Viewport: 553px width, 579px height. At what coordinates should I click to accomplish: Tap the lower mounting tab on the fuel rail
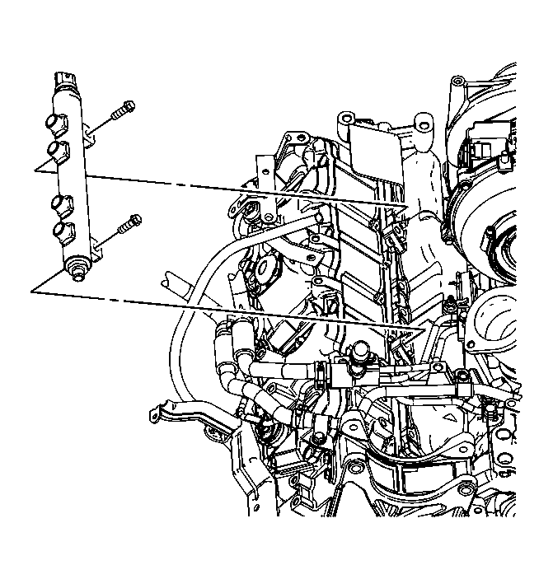[x=96, y=246]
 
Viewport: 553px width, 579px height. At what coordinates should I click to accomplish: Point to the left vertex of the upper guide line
[x=35, y=170]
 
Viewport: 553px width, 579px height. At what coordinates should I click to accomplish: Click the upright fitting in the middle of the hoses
[x=361, y=355]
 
